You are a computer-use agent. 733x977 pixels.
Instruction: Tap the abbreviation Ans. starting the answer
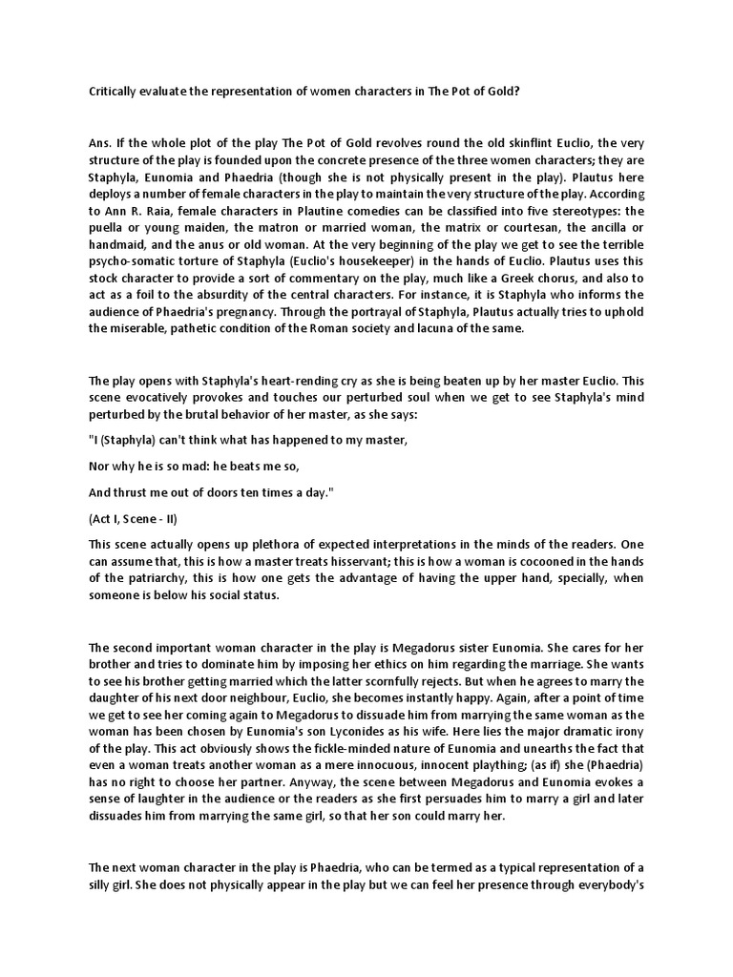(98, 144)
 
